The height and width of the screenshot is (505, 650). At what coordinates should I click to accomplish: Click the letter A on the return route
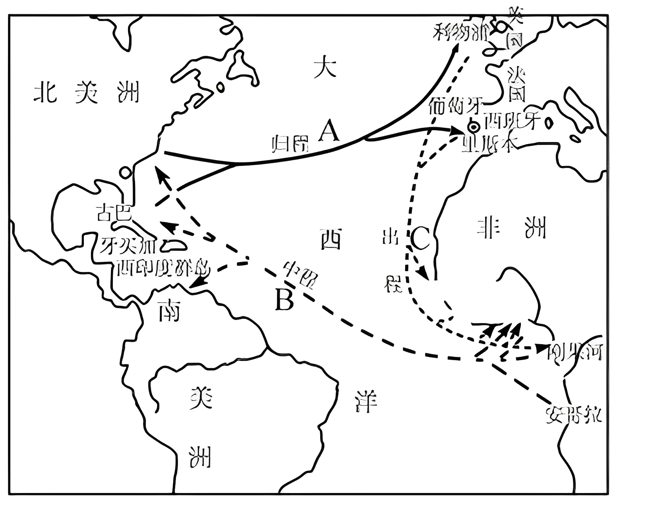(330, 131)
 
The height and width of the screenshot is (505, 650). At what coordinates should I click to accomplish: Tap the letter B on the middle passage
(284, 300)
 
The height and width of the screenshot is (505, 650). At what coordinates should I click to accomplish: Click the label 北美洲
(87, 93)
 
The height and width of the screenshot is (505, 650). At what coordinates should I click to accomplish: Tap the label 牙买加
(124, 246)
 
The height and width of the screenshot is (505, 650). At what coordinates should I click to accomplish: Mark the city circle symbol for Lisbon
(473, 127)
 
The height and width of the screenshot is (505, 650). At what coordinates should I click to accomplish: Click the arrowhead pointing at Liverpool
(456, 47)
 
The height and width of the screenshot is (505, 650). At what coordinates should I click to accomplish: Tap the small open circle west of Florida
(126, 172)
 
